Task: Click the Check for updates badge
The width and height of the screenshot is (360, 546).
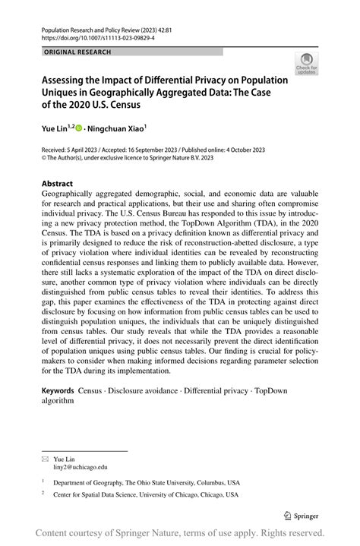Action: [x=307, y=64]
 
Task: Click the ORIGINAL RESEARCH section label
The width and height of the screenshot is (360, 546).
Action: [x=78, y=52]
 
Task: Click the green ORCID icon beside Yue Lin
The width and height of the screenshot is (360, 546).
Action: [x=78, y=130]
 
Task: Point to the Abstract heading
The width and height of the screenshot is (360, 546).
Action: [x=57, y=184]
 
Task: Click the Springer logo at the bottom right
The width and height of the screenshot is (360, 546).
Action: [x=300, y=515]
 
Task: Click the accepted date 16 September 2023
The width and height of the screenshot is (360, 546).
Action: [x=169, y=152]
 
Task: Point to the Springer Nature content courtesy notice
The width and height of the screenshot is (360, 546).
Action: [x=180, y=532]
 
